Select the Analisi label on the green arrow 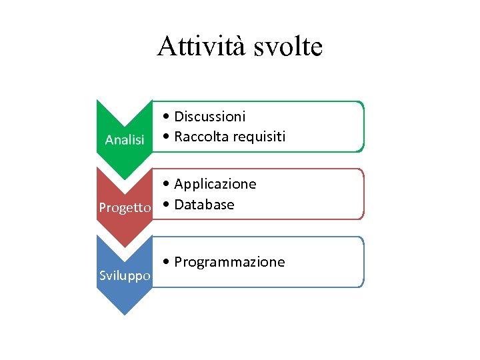(x=125, y=139)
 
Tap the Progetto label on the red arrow (x=125, y=207)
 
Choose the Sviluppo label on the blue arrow (x=125, y=275)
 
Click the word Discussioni (x=209, y=117)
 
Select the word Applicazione (x=215, y=184)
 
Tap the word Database (x=204, y=204)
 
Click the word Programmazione (x=229, y=262)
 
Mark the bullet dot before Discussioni (x=167, y=117)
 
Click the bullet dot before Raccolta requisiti (x=167, y=137)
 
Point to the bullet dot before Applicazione (x=167, y=185)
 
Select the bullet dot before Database (x=167, y=205)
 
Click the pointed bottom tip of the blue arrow (x=125, y=314)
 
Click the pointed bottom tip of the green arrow (x=125, y=179)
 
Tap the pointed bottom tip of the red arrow (x=125, y=247)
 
